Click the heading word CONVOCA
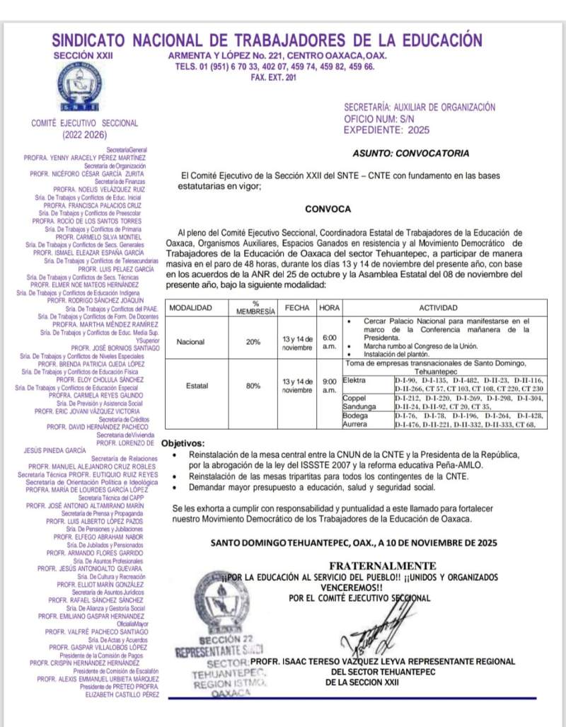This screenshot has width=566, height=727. [328, 209]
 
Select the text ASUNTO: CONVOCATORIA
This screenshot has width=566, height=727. [410, 153]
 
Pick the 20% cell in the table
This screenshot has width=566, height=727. [253, 341]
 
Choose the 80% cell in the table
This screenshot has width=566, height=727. [253, 387]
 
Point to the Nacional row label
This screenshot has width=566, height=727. [191, 341]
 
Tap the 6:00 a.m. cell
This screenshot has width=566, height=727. [329, 342]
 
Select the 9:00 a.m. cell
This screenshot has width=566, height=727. [329, 386]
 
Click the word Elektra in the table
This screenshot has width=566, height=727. [354, 380]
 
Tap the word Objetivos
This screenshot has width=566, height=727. [183, 442]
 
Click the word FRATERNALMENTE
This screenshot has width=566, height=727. [382, 566]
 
